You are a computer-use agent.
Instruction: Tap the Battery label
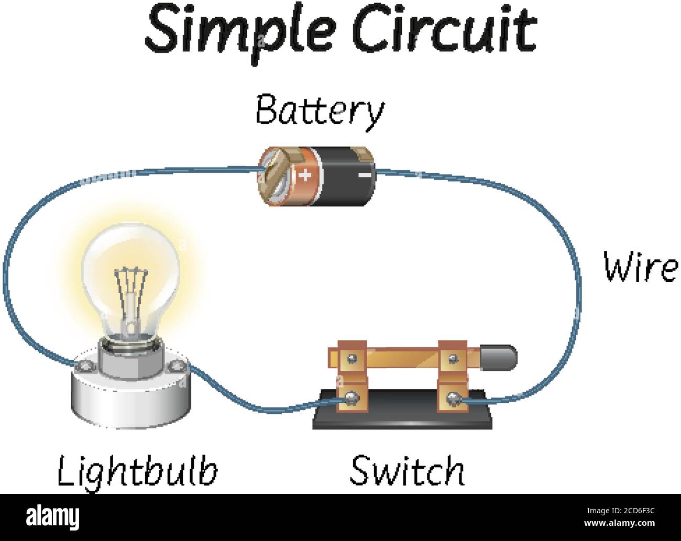click(320, 111)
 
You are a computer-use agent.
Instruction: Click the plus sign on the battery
click(306, 174)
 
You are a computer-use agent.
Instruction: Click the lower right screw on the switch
click(452, 401)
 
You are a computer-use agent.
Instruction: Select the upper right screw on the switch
click(452, 358)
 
